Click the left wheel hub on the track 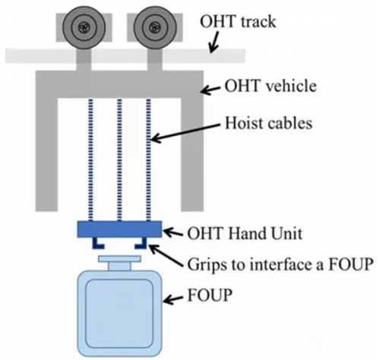tap(84, 27)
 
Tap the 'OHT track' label tap(238, 22)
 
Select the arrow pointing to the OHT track tap(214, 42)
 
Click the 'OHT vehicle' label tap(271, 86)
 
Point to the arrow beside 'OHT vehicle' tap(211, 90)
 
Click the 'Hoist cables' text tap(268, 123)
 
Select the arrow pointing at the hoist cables tap(185, 132)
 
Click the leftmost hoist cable tap(90, 159)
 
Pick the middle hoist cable tap(119, 159)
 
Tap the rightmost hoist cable tap(148, 159)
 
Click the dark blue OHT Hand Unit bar tap(119, 229)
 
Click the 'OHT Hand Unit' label tap(245, 233)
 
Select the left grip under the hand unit tap(98, 244)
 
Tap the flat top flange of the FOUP tap(119, 258)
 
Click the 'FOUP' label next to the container tap(210, 295)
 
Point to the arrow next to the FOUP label tap(173, 299)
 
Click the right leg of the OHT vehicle tap(192, 154)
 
